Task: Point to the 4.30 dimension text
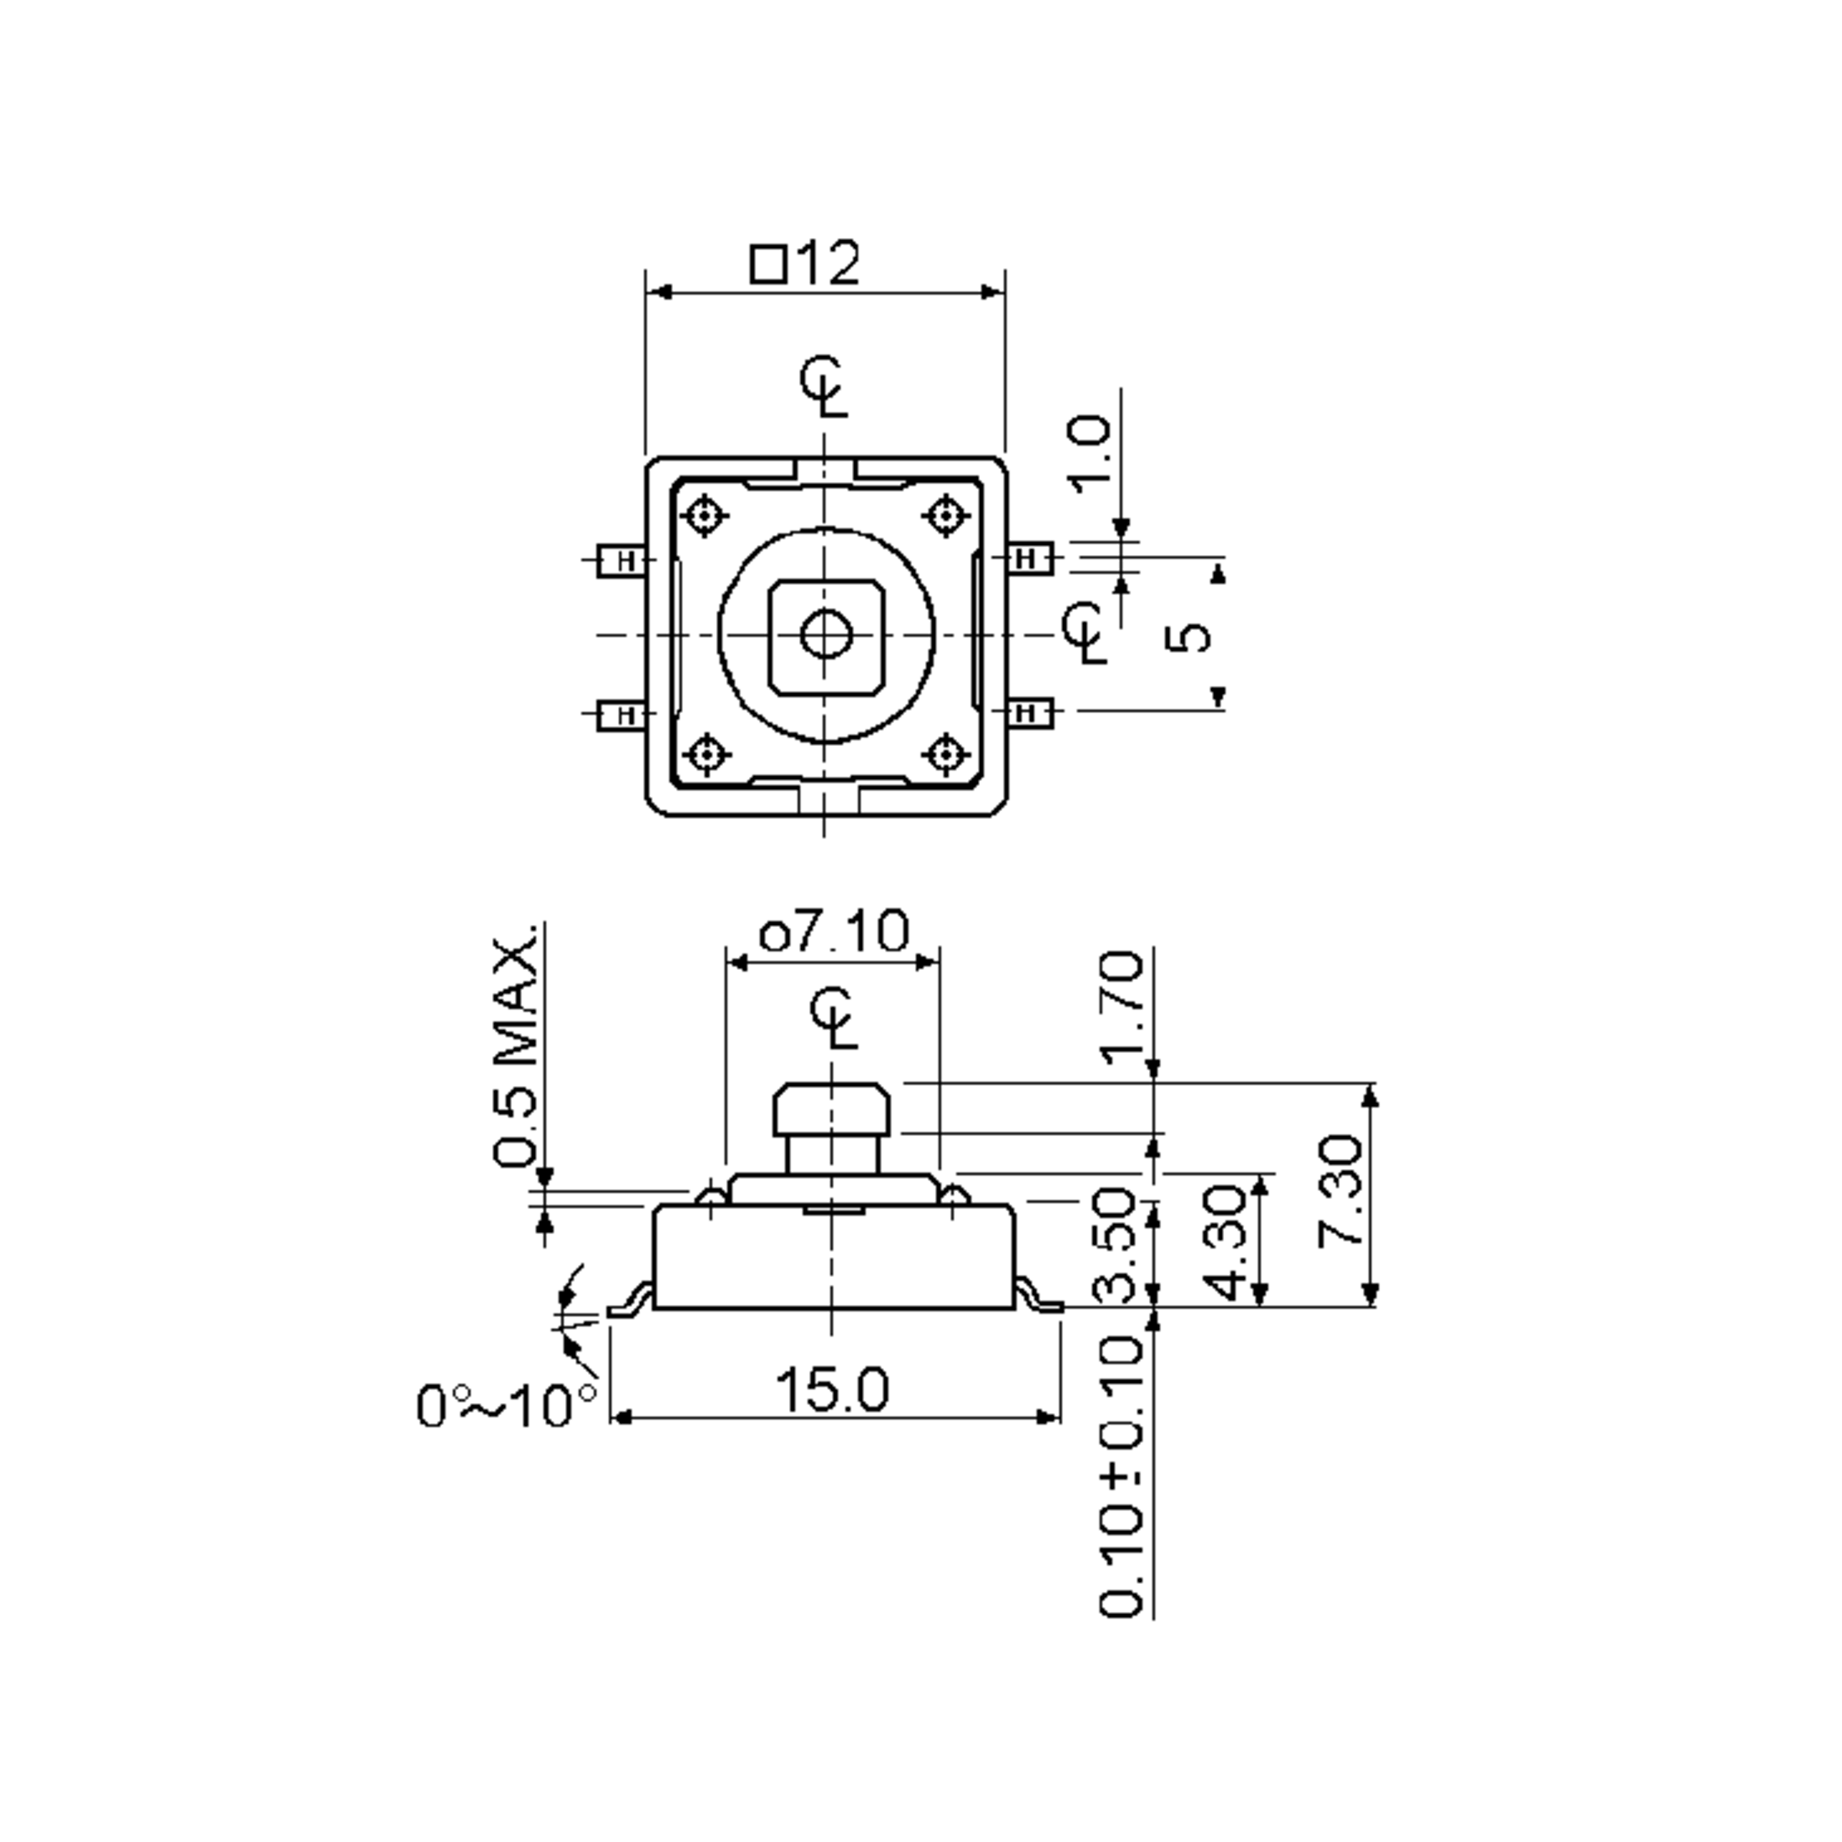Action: [x=1232, y=1243]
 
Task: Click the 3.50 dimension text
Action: [x=1115, y=1245]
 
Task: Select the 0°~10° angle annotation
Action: [x=507, y=1405]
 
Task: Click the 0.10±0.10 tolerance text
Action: [x=1121, y=1477]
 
